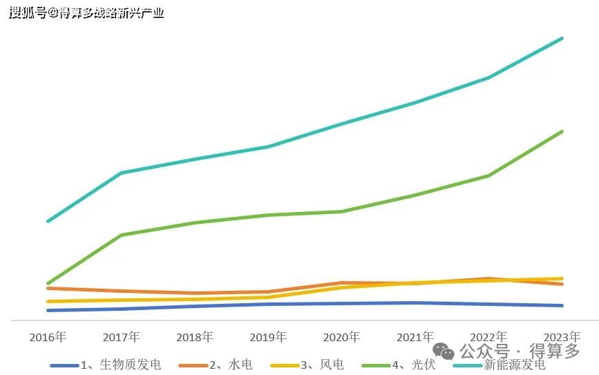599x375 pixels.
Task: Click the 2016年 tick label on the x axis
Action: tap(48, 337)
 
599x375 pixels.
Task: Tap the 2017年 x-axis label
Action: tap(121, 337)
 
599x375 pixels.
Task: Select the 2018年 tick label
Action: tap(195, 337)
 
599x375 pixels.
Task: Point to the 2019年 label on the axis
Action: tap(268, 337)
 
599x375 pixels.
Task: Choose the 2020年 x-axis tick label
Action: tap(341, 337)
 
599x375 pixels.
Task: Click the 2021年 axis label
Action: tap(415, 337)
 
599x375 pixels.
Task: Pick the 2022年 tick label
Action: tap(488, 337)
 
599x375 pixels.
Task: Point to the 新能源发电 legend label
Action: tap(514, 365)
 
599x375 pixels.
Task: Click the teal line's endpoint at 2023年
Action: tap(562, 39)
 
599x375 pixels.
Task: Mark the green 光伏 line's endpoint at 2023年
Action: tap(562, 131)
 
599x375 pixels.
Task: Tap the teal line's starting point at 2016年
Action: tap(48, 221)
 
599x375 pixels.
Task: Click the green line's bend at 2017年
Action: tap(121, 235)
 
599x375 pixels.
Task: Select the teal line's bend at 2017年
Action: tap(121, 173)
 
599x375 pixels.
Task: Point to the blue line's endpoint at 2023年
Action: tap(562, 305)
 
